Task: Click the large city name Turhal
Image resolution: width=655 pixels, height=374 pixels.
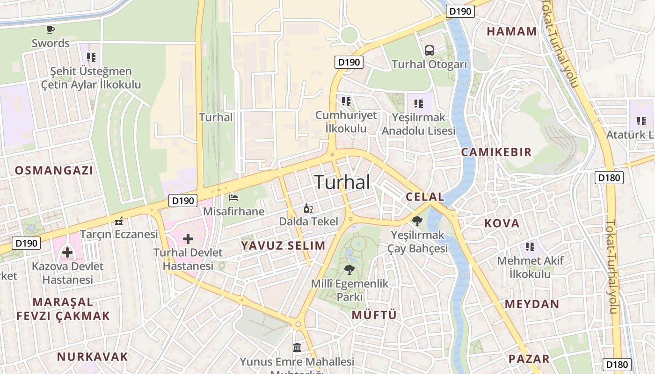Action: click(342, 182)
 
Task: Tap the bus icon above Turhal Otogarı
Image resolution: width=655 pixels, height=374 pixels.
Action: click(429, 50)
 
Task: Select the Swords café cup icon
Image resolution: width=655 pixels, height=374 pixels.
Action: click(51, 30)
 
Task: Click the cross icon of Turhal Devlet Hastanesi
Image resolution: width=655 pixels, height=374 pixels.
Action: click(188, 239)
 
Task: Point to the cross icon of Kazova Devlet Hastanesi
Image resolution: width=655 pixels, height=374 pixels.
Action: click(67, 252)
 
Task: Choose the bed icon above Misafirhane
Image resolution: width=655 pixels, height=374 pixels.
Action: click(233, 198)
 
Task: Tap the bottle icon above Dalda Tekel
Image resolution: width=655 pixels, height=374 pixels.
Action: click(308, 208)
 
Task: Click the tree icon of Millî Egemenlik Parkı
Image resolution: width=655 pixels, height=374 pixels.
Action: click(349, 269)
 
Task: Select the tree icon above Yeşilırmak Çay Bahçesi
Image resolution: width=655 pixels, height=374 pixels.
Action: click(417, 221)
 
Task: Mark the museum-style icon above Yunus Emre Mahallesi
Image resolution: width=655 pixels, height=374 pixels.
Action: click(297, 348)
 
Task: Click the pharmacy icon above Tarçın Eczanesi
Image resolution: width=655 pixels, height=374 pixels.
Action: click(119, 220)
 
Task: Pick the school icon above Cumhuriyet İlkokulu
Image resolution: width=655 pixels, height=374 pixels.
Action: click(346, 101)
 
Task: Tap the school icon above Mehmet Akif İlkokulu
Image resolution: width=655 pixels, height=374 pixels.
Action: click(530, 246)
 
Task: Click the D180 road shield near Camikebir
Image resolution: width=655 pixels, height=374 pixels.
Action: click(609, 177)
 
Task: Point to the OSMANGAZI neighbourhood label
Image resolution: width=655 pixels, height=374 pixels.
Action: click(54, 170)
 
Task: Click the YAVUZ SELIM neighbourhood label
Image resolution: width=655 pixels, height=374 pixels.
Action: click(283, 245)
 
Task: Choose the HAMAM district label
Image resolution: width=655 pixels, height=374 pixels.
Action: click(512, 31)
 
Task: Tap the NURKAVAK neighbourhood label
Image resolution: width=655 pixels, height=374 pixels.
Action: click(92, 357)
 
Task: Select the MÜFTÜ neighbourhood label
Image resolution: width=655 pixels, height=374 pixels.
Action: click(374, 315)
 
